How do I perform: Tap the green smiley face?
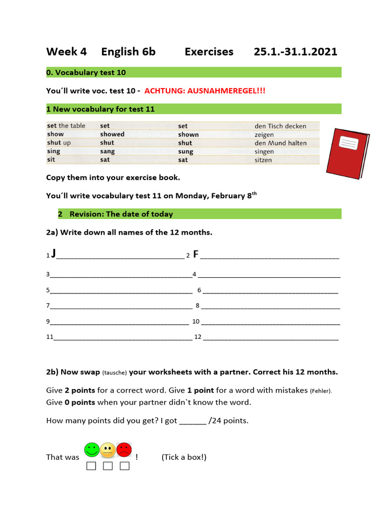92,449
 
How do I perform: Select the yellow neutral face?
108,450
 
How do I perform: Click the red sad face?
124,449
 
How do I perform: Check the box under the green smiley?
91,465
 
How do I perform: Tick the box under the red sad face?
124,465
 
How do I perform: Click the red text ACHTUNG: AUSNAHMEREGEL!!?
205,91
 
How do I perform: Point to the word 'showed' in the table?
112,134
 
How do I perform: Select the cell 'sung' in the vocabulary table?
185,151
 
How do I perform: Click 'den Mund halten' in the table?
280,143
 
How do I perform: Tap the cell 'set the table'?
66,125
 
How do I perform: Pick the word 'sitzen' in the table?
263,160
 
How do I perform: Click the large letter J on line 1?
54,253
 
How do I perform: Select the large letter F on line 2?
196,254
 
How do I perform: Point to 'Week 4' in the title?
67,52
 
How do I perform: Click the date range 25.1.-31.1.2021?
296,52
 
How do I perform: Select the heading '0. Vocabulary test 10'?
86,72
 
